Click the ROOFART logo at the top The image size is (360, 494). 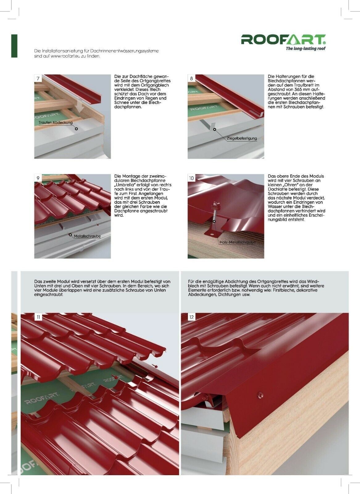point(283,40)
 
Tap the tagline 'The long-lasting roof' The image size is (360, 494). point(305,48)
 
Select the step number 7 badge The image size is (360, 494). point(38,78)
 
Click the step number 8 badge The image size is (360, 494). point(192,78)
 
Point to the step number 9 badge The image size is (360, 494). point(38,178)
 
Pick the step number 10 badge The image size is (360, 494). point(192,178)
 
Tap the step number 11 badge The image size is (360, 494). point(38,317)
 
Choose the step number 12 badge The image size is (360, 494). point(192,317)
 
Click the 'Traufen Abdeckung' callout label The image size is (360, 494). point(56,123)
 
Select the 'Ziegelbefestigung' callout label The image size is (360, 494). point(242,139)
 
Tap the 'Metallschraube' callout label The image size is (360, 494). point(87,236)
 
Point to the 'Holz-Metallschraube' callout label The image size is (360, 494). point(238,242)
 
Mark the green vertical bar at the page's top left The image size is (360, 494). point(14,46)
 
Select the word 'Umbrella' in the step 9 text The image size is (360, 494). point(124,185)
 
